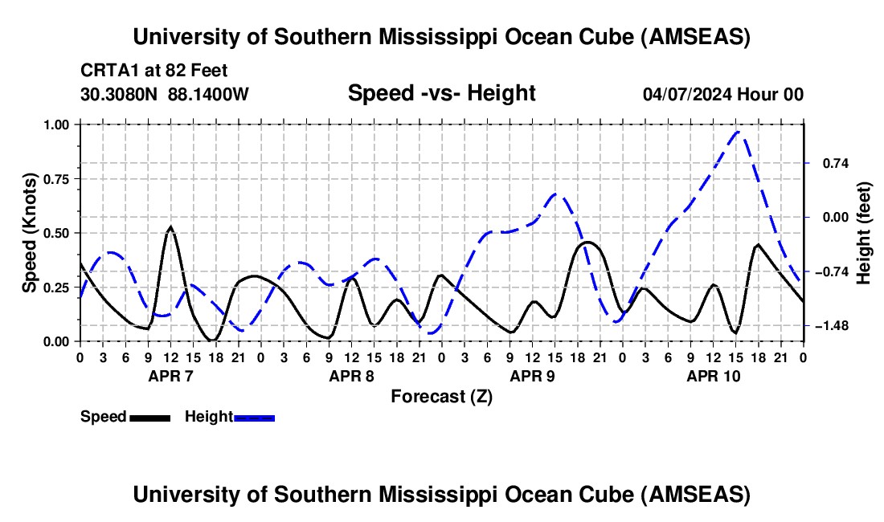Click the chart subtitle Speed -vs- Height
click(441, 93)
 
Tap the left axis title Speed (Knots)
click(30, 233)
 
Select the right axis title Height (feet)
click(865, 234)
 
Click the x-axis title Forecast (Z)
click(441, 396)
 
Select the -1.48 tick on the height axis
click(826, 325)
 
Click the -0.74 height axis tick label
click(826, 271)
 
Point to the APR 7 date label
click(170, 376)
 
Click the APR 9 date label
click(532, 376)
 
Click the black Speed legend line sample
click(149, 417)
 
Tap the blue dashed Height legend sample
click(254, 417)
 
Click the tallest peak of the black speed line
click(170, 226)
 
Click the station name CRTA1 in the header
click(108, 70)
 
